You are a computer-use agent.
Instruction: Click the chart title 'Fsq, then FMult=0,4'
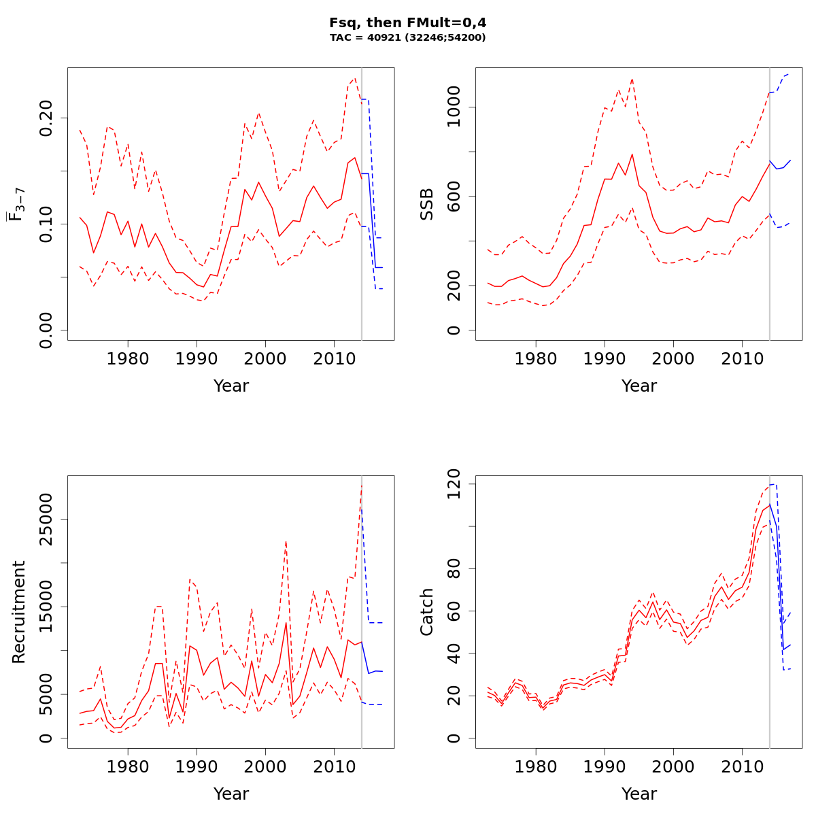[407, 22]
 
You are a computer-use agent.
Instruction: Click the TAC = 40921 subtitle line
[407, 38]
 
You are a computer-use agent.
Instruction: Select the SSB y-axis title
[426, 204]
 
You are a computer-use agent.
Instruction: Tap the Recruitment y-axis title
[18, 612]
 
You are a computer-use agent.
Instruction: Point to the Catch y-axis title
[426, 612]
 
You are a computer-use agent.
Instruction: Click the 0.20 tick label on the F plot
[46, 118]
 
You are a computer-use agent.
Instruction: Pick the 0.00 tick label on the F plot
[46, 330]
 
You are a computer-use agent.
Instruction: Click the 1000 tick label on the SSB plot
[454, 107]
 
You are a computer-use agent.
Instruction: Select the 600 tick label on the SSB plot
[454, 197]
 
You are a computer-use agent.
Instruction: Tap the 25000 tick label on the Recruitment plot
[46, 520]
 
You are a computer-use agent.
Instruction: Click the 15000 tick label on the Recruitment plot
[46, 607]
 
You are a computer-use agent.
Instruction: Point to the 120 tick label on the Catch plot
[454, 483]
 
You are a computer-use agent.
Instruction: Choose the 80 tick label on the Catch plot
[454, 568]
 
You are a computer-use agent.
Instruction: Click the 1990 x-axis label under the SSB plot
[605, 358]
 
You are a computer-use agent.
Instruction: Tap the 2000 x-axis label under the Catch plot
[673, 766]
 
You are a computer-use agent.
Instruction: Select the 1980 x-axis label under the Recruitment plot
[129, 766]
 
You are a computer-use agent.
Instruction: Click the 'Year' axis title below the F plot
[231, 386]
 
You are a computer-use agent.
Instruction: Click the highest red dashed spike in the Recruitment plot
[362, 485]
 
